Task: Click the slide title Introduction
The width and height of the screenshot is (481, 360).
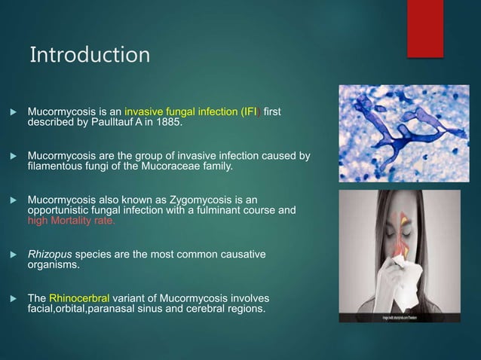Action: (x=90, y=55)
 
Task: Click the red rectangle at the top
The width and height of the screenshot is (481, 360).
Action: (x=425, y=28)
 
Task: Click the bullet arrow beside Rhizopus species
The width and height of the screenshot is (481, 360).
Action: (x=10, y=255)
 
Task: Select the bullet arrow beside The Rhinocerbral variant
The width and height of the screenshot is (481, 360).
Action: (x=10, y=298)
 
